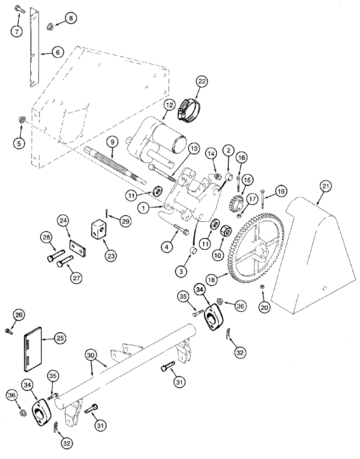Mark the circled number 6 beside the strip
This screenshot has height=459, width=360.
coord(58,53)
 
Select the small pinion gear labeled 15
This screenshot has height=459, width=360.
coord(236,195)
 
